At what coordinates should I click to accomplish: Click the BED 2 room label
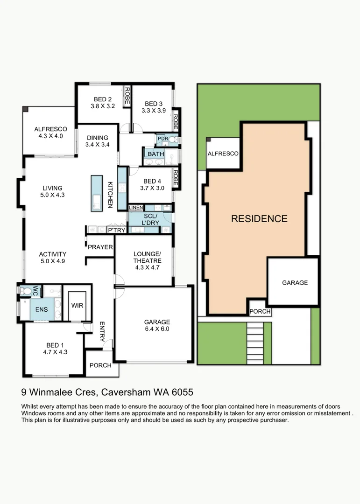point(103,99)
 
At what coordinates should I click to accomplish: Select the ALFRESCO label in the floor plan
point(50,129)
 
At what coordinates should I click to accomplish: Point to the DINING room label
point(97,138)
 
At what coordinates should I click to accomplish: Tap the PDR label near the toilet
point(162,139)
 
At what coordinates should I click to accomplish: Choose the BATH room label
point(155,154)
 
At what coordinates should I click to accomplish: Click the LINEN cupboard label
point(136,208)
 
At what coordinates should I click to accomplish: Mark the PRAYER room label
point(100,247)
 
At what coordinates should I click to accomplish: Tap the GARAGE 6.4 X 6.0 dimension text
point(157,329)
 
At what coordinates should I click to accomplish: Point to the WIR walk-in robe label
point(77,305)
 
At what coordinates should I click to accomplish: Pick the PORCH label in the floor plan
point(100,365)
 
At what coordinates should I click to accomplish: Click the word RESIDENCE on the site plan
point(259,218)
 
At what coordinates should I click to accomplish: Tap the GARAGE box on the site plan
point(295,282)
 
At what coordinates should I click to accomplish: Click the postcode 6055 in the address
point(183,392)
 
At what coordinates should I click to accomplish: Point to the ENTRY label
point(101,332)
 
